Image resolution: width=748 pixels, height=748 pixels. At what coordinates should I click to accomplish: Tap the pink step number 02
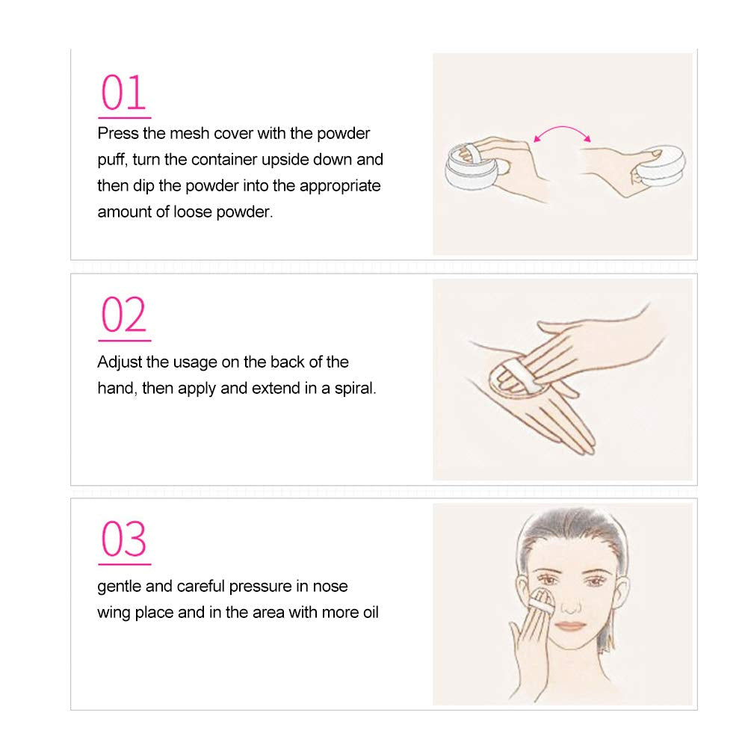point(123,315)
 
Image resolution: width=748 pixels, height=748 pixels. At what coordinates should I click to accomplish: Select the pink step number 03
point(123,539)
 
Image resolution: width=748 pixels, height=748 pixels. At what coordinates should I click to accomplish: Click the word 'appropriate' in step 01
point(340,186)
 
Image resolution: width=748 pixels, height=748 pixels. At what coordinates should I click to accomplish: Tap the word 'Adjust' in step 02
point(120,362)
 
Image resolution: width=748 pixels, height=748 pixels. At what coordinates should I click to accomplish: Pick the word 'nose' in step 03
point(330,587)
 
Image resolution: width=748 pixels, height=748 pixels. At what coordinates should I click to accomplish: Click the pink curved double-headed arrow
point(562,128)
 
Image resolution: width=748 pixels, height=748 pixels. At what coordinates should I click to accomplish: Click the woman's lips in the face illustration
point(572,625)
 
